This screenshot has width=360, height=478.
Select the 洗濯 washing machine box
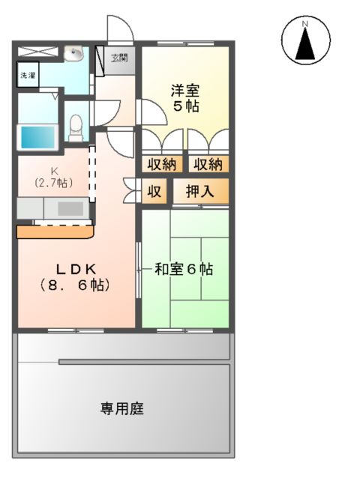click(28, 76)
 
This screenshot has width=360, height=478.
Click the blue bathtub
click(37, 137)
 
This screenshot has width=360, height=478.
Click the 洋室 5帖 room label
click(184, 98)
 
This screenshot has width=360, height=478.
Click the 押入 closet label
click(199, 191)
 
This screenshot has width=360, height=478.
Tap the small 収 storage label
click(154, 191)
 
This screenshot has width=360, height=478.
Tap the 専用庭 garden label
click(122, 408)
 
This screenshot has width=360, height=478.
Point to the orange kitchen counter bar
click(54, 232)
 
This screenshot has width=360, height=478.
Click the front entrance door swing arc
click(120, 30)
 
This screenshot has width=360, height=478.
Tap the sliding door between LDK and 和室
click(138, 270)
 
